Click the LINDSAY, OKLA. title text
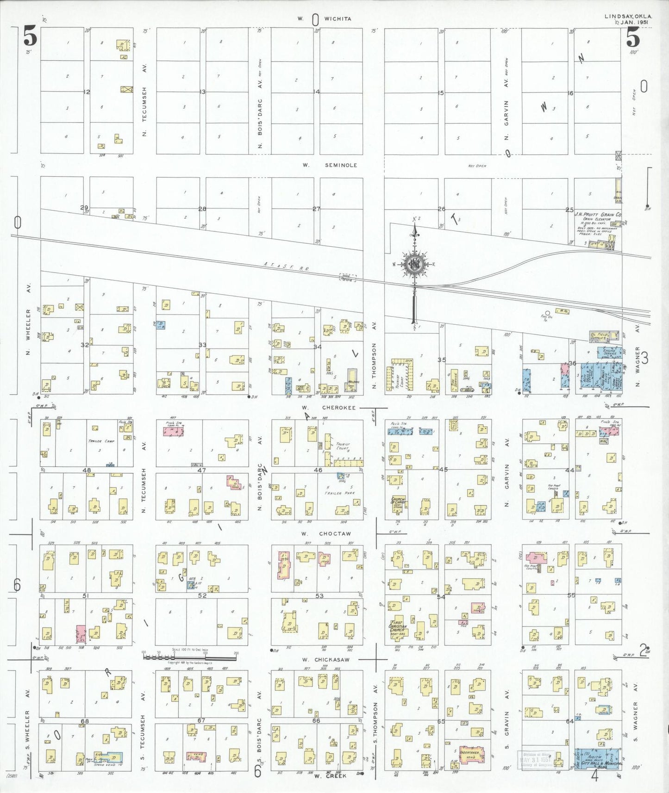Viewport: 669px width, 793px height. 628,16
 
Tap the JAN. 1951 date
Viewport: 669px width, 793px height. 634,22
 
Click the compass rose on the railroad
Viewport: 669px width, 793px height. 414,265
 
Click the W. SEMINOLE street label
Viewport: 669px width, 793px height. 330,165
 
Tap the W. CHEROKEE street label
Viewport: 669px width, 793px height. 329,408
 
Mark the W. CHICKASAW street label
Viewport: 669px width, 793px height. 326,659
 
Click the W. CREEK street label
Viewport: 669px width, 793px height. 330,776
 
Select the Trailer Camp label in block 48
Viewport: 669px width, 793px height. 101,441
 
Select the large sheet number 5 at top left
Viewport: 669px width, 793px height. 30,37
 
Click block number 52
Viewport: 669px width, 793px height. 202,595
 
